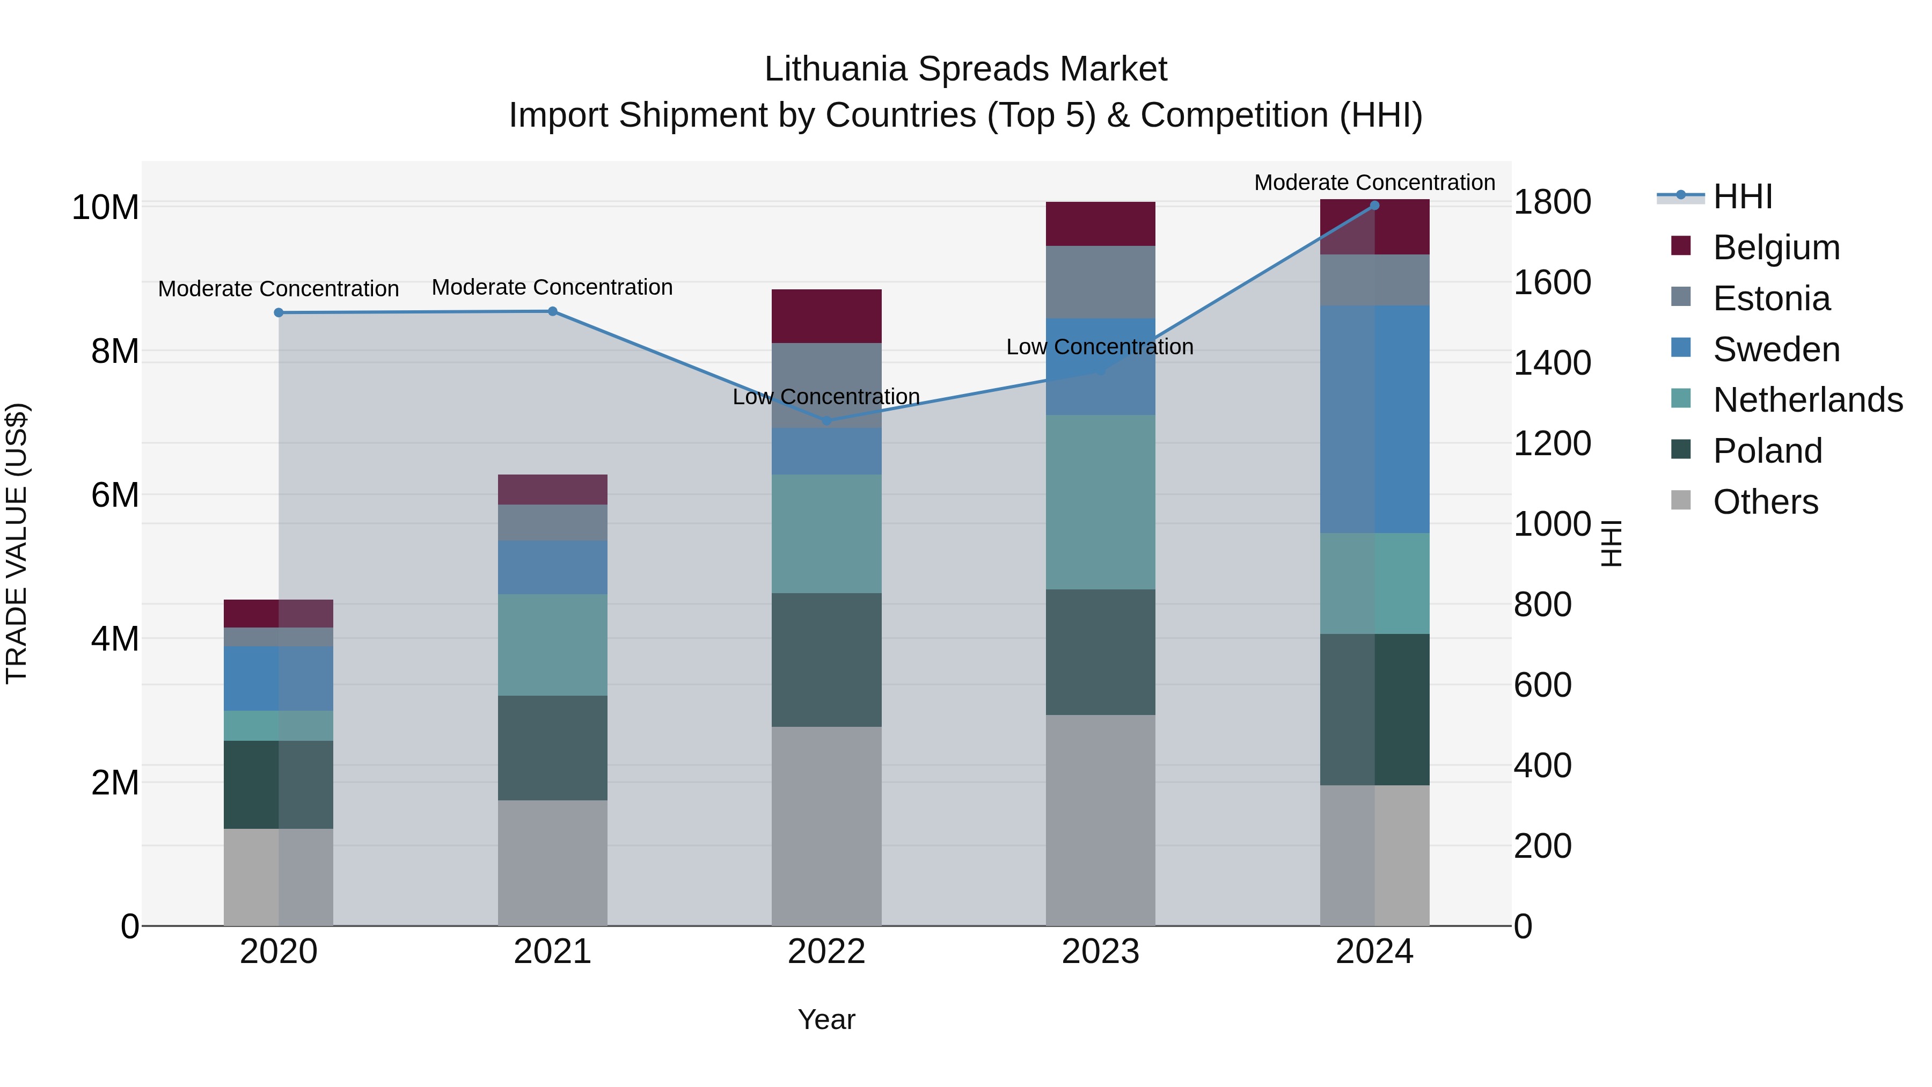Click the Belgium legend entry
point(1775,247)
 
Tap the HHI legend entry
point(1742,196)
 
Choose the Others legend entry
point(1765,502)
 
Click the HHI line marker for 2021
point(553,311)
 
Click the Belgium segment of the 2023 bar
point(1100,223)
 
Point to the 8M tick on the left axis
point(115,351)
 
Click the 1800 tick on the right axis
point(1552,202)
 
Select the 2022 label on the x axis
point(826,952)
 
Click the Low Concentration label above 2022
point(826,397)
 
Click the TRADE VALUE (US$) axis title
point(17,543)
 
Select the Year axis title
point(826,1019)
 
